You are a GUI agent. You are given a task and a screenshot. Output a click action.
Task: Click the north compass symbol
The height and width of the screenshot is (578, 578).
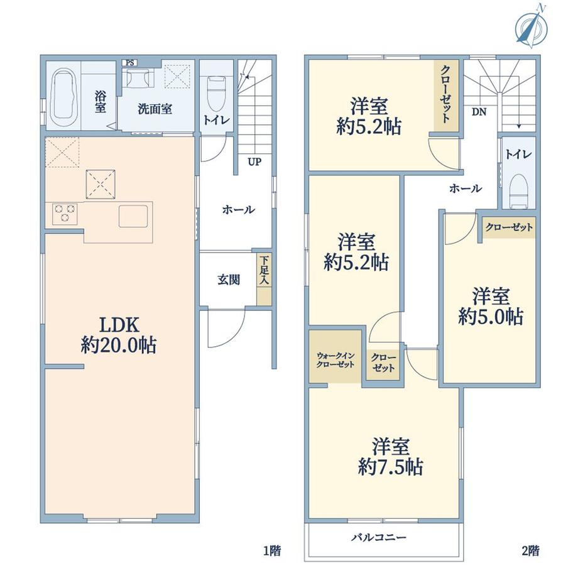(x=531, y=26)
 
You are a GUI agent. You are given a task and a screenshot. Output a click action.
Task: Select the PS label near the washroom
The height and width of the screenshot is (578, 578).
(x=130, y=63)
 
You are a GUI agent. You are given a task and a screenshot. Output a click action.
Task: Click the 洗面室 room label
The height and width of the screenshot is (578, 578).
(x=155, y=109)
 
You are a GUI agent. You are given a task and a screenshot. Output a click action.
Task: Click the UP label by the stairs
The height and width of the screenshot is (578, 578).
(x=254, y=161)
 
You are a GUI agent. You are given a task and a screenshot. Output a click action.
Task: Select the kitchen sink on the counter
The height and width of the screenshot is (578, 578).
(x=133, y=216)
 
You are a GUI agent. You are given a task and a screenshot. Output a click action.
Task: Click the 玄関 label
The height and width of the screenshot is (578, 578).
(x=229, y=280)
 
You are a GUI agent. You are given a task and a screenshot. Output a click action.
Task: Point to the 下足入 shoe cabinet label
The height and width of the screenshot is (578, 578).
(x=264, y=270)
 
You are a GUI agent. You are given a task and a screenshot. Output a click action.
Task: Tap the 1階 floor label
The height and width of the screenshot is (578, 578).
(x=272, y=550)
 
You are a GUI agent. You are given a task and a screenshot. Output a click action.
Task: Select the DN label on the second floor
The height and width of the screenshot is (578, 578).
(x=479, y=112)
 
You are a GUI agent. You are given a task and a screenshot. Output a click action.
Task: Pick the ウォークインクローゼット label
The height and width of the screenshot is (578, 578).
(x=335, y=360)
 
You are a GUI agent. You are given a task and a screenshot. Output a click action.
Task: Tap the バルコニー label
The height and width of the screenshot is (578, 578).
(x=378, y=537)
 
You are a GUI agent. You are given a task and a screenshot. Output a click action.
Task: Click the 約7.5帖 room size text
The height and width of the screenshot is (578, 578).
(x=390, y=467)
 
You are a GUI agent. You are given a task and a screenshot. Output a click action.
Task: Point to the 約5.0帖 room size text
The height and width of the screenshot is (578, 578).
(x=491, y=316)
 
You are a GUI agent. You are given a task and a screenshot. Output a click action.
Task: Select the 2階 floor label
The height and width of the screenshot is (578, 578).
(x=531, y=550)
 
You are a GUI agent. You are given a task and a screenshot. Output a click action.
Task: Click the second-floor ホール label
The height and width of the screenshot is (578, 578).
(x=465, y=188)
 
